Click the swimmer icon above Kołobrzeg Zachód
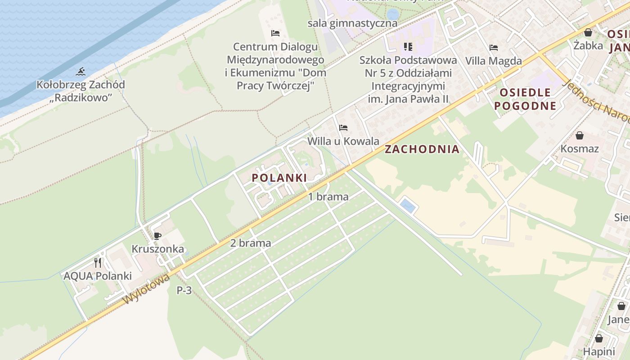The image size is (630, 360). click(81, 72)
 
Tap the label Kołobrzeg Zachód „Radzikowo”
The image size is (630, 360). click(81, 91)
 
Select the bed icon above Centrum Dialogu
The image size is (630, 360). click(275, 33)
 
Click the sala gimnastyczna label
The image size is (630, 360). click(352, 23)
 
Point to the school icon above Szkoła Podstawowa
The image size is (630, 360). click(408, 47)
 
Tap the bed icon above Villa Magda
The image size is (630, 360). click(494, 47)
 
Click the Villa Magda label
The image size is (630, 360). click(494, 61)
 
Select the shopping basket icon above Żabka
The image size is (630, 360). click(588, 32)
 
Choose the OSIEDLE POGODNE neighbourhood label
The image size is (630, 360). click(525, 99)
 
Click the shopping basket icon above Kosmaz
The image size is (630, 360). click(580, 135)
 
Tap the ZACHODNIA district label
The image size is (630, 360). click(422, 149)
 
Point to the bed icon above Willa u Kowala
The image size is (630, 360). click(343, 128)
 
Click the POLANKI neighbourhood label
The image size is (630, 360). click(279, 178)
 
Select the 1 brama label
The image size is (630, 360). click(328, 197)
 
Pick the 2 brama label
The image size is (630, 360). click(251, 243)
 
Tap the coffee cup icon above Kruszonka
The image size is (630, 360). click(157, 235)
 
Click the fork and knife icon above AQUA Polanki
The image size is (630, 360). click(98, 262)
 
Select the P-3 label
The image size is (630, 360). click(184, 290)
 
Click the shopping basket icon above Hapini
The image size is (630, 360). click(599, 338)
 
